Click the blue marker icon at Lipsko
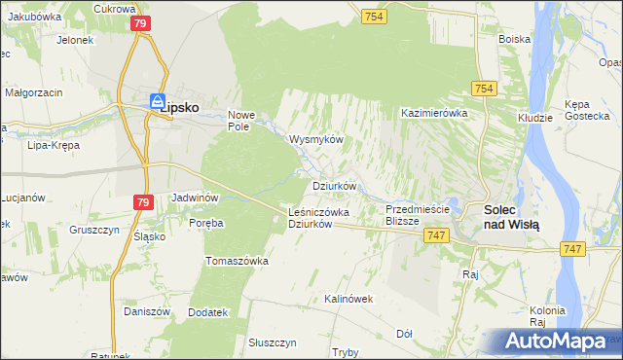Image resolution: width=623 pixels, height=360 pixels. pyautogui.click(x=157, y=101)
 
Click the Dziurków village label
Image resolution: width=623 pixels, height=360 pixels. pyautogui.click(x=335, y=185)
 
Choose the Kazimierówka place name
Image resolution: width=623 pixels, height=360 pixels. pyautogui.click(x=435, y=113)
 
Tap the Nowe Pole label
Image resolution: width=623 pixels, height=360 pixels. pyautogui.click(x=239, y=120)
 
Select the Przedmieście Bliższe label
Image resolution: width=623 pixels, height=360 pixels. pyautogui.click(x=416, y=215)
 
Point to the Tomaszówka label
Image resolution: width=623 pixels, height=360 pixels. pyautogui.click(x=237, y=261)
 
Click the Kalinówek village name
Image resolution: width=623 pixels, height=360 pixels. pyautogui.click(x=349, y=299)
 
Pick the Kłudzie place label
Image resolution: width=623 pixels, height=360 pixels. pyautogui.click(x=534, y=116)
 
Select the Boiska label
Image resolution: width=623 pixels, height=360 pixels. pyautogui.click(x=514, y=39)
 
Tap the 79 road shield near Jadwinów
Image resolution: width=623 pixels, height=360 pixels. pyautogui.click(x=143, y=201)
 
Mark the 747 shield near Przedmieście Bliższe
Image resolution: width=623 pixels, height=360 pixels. pyautogui.click(x=435, y=235)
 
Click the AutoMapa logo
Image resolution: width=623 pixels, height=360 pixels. pyautogui.click(x=556, y=342)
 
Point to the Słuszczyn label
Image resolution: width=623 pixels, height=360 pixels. pyautogui.click(x=272, y=342)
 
